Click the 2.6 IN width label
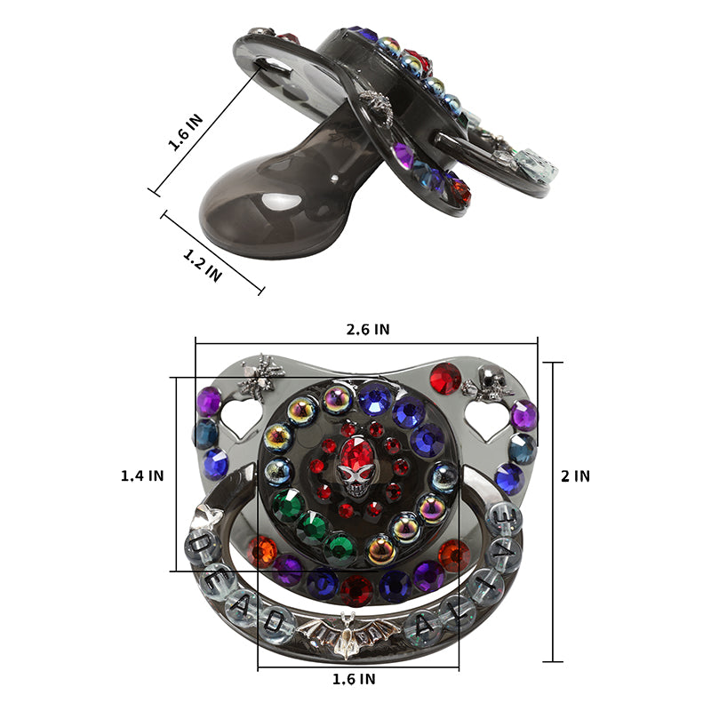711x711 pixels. (x=368, y=329)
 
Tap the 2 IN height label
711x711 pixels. (x=575, y=476)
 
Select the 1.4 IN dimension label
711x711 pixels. (x=142, y=475)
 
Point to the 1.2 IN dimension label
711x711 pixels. (x=203, y=266)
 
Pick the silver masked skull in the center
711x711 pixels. (x=355, y=480)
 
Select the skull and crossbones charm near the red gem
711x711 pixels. (x=487, y=381)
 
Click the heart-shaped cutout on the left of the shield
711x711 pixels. (x=241, y=418)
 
